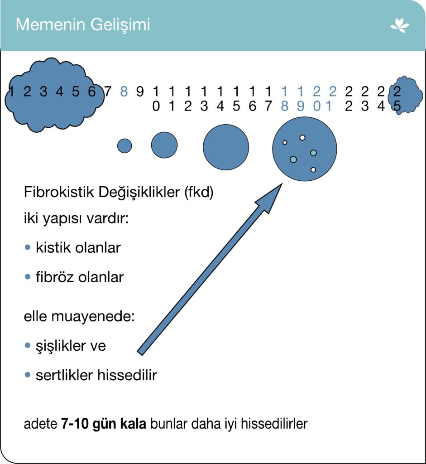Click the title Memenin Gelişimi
click(82, 24)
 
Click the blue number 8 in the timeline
click(124, 92)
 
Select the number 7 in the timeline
click(108, 92)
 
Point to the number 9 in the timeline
click(140, 92)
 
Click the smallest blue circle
click(124, 146)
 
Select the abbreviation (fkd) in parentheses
click(199, 193)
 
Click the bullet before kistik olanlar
click(28, 247)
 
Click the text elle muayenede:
click(79, 316)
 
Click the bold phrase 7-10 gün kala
click(104, 425)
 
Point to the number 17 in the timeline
click(268, 99)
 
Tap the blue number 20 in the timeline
click(316, 99)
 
